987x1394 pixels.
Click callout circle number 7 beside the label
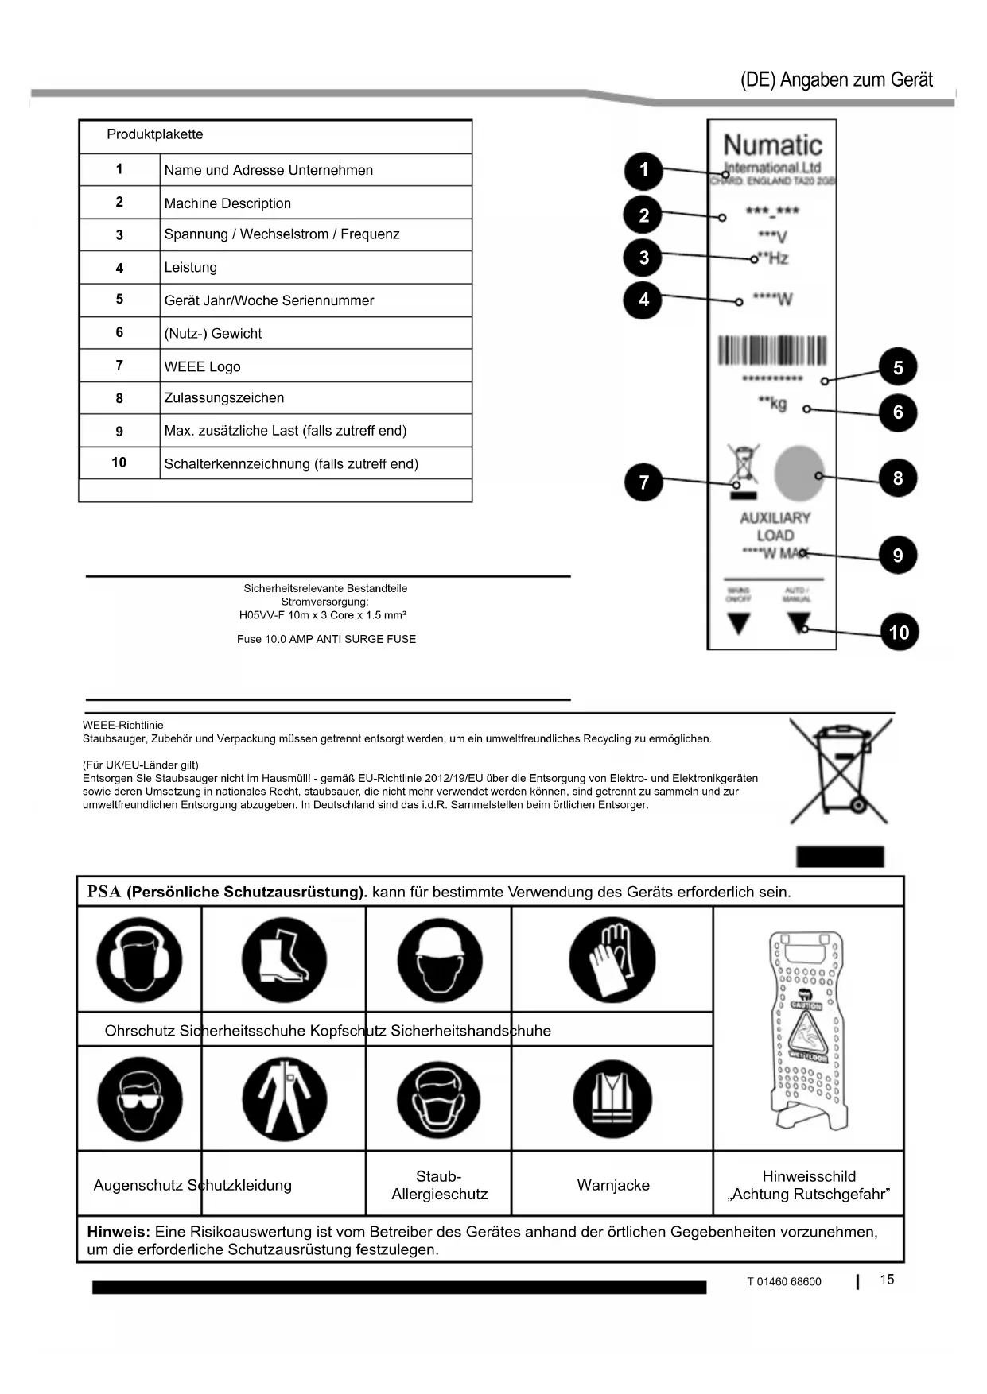click(643, 482)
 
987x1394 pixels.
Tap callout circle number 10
click(899, 633)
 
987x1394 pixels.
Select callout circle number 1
click(643, 170)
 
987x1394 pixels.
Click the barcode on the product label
click(772, 350)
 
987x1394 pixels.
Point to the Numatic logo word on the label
click(772, 145)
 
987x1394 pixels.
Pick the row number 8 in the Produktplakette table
click(119, 398)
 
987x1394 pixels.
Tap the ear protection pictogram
click(139, 960)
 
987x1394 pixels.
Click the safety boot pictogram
click(284, 960)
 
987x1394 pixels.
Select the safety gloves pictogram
click(612, 960)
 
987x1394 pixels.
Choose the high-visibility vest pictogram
click(612, 1100)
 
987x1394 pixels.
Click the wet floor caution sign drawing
click(807, 1030)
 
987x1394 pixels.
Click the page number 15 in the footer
click(887, 1280)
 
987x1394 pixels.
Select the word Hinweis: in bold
click(118, 1233)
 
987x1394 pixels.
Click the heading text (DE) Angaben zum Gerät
click(836, 79)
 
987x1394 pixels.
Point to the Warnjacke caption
click(613, 1186)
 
